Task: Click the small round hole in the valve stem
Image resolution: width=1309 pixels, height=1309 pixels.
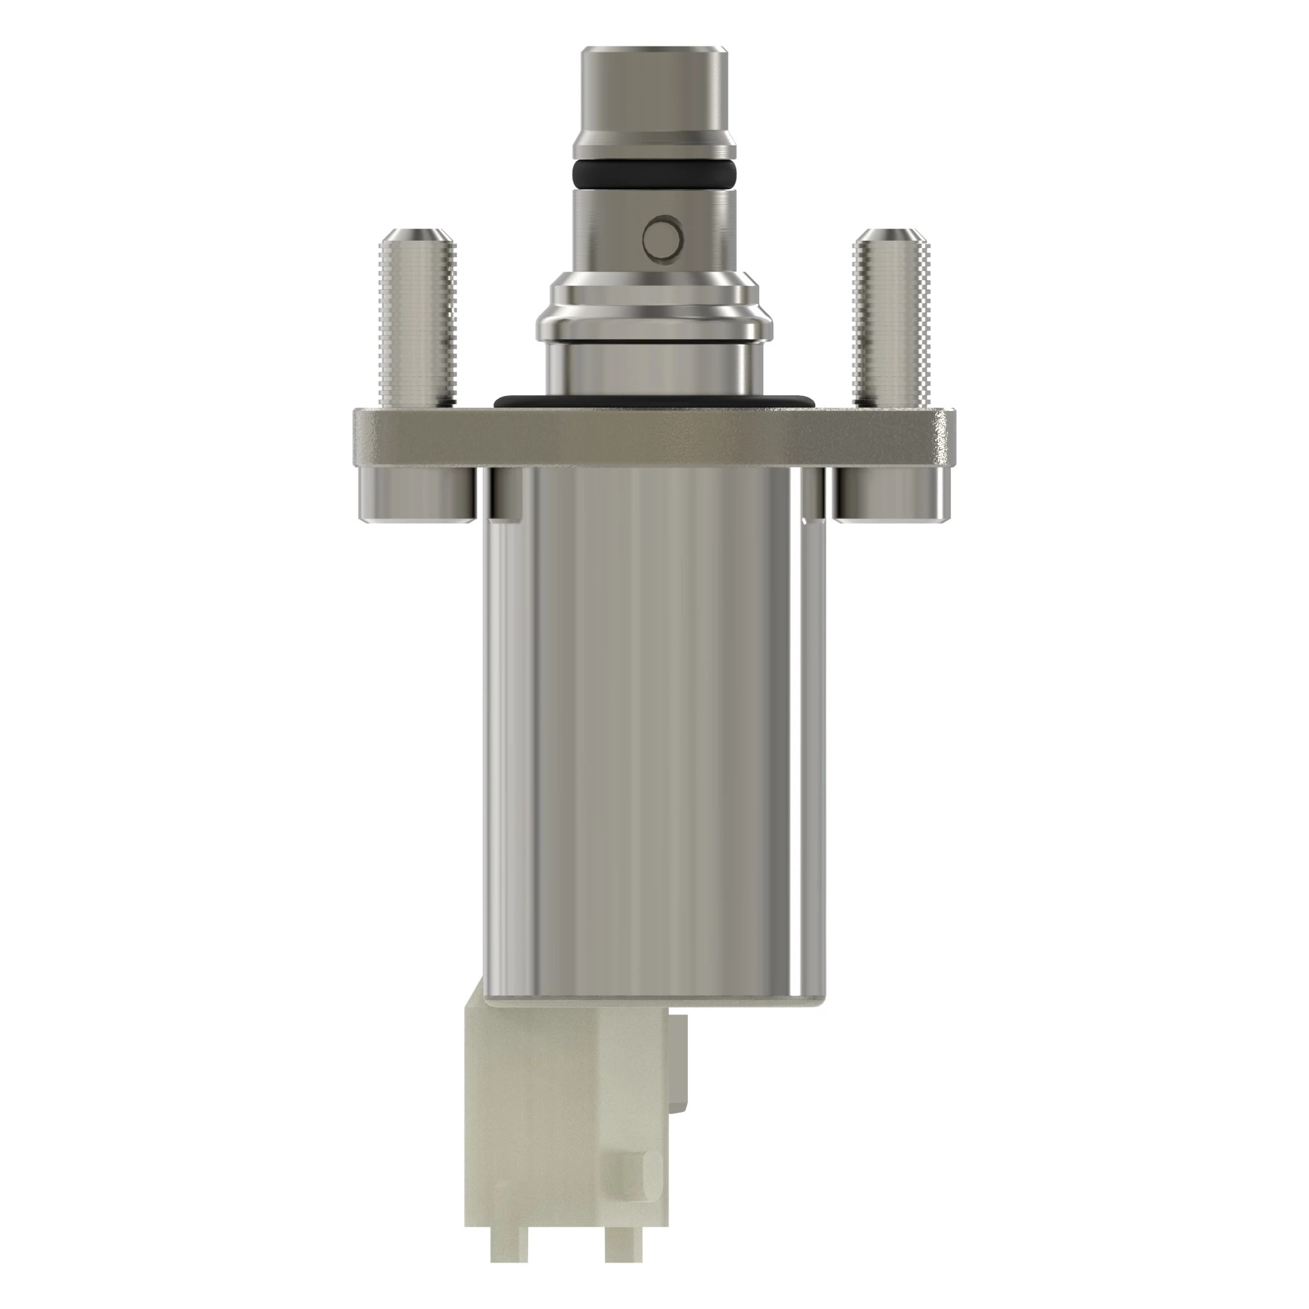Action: click(662, 238)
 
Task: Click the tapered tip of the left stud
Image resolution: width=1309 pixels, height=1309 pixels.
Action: click(418, 238)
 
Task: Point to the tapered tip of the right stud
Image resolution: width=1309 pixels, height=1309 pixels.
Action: click(889, 238)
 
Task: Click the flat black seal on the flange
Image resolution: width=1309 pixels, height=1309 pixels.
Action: click(654, 401)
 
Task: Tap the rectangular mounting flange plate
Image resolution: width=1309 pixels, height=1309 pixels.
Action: click(654, 437)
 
